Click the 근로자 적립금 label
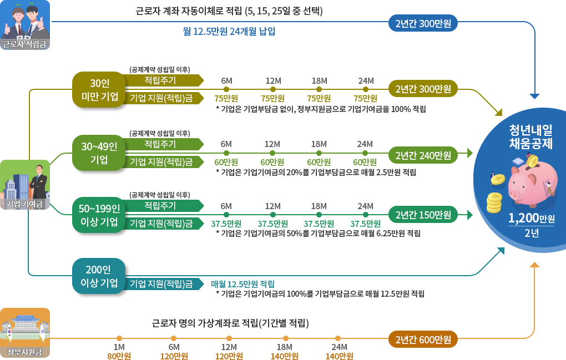coord(24,44)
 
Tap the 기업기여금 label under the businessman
coord(24,204)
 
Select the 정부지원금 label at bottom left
coord(24,352)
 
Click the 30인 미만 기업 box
coord(100,90)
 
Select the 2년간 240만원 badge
coord(423,155)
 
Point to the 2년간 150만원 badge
coord(423,215)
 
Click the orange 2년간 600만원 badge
coord(423,339)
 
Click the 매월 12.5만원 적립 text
coord(242,283)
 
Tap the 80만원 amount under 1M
coord(119,356)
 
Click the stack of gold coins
coord(494,203)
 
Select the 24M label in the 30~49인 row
coord(365,144)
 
